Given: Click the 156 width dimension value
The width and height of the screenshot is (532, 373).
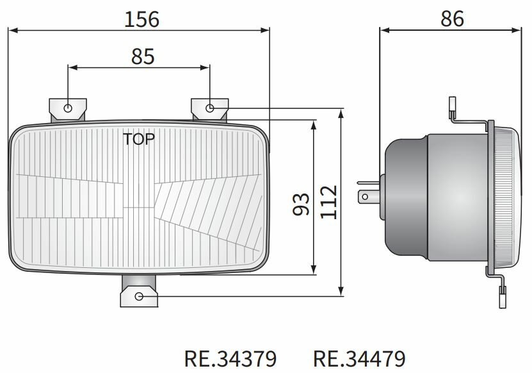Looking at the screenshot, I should point(141,19).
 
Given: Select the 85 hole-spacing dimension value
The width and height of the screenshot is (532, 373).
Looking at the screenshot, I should point(143,56).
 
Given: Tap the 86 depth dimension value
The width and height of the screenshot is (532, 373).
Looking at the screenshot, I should point(452,19).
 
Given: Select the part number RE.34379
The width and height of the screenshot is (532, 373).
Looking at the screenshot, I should point(230,358).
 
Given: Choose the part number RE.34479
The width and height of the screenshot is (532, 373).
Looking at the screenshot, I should point(359,358).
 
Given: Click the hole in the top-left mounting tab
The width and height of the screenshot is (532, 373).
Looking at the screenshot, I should point(69,108).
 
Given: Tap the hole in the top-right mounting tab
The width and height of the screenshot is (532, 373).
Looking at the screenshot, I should point(210,108).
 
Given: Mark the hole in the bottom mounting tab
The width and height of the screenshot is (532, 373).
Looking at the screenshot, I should point(139,296).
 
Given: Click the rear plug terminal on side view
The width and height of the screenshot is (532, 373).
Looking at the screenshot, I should point(365,194).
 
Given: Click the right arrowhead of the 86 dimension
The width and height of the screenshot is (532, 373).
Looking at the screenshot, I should point(519,29).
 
